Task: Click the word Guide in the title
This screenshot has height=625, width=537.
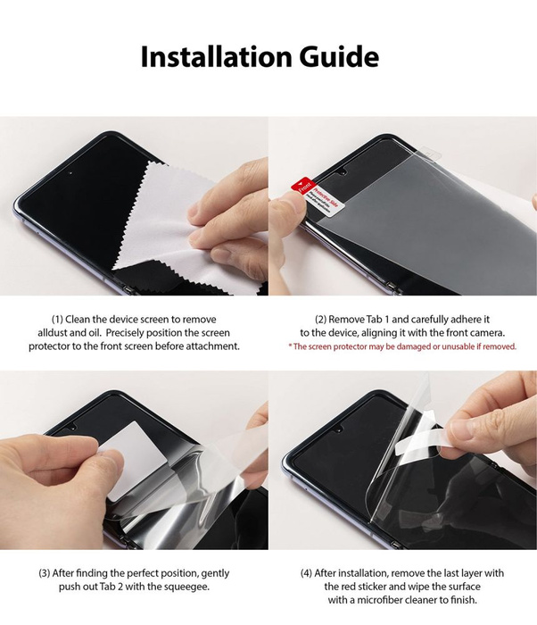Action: (334, 58)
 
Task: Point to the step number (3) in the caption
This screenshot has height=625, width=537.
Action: (46, 573)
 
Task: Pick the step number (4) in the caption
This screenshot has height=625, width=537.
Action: (309, 573)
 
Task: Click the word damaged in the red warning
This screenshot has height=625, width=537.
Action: (418, 346)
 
